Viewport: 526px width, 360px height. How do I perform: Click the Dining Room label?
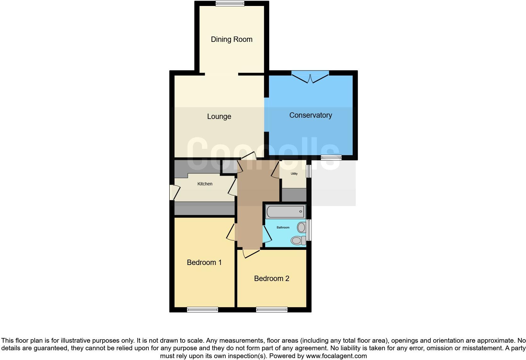click(x=232, y=39)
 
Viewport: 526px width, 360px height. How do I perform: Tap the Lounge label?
click(x=219, y=116)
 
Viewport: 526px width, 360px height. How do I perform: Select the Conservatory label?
click(x=311, y=115)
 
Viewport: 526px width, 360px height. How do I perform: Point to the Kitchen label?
click(x=205, y=184)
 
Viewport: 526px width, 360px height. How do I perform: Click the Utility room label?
click(x=294, y=174)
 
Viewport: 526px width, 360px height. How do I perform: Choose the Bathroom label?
click(x=283, y=228)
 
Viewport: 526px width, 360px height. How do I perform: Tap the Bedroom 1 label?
click(x=204, y=262)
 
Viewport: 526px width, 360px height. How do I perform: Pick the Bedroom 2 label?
click(x=271, y=278)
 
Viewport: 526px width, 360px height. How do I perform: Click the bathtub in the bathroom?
click(x=286, y=211)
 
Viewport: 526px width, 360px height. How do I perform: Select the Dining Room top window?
click(x=230, y=4)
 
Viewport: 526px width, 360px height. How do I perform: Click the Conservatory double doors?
click(x=310, y=77)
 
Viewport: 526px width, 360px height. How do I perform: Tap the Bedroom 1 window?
click(x=202, y=310)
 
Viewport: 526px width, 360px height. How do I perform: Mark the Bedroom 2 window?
click(x=271, y=310)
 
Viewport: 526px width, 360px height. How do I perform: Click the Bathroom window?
click(x=309, y=230)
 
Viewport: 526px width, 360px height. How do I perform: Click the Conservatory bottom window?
click(x=331, y=157)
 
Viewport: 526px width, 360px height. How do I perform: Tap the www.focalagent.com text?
click(x=336, y=356)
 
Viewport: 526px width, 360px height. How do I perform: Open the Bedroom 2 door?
click(x=251, y=253)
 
